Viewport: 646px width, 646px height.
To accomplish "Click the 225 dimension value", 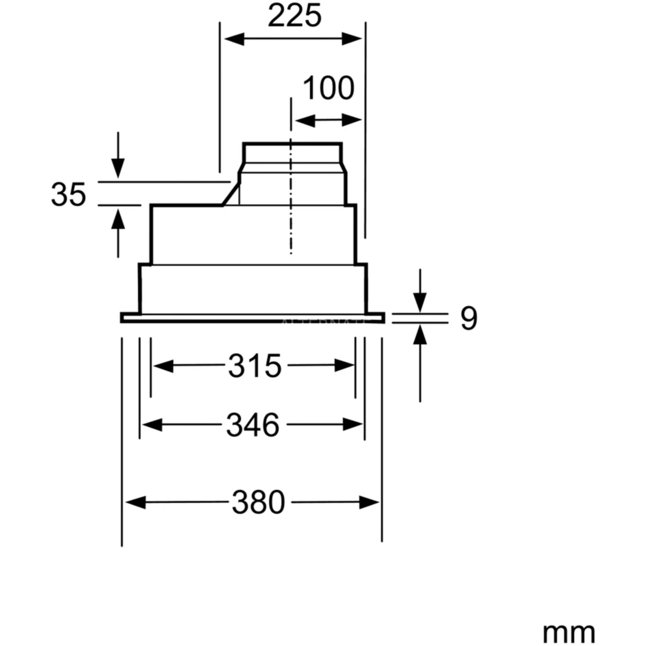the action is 295,16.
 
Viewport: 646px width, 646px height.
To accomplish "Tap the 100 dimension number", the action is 329,88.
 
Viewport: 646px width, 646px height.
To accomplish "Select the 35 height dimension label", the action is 68,194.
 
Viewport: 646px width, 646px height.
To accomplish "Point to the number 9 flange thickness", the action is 469,319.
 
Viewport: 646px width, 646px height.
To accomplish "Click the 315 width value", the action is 255,366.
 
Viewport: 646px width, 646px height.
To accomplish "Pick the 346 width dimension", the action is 253,425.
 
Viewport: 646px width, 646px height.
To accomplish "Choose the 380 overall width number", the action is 258,502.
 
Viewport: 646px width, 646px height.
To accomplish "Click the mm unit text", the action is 568,633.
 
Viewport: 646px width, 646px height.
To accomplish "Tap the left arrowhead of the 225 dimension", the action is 234,39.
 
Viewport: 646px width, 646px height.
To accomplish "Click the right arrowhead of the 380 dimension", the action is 369,502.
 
